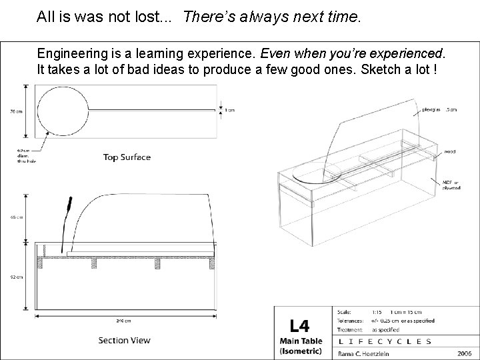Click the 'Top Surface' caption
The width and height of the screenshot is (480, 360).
pyautogui.click(x=127, y=157)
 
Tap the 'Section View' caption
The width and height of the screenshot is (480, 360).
pyautogui.click(x=124, y=340)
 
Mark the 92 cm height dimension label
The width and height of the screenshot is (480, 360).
pyautogui.click(x=17, y=276)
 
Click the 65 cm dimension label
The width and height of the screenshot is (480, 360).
pyautogui.click(x=17, y=217)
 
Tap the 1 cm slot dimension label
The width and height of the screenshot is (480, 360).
pyautogui.click(x=230, y=110)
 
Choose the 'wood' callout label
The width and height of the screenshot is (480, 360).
pyautogui.click(x=451, y=152)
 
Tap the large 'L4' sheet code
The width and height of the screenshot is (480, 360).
pyautogui.click(x=299, y=325)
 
